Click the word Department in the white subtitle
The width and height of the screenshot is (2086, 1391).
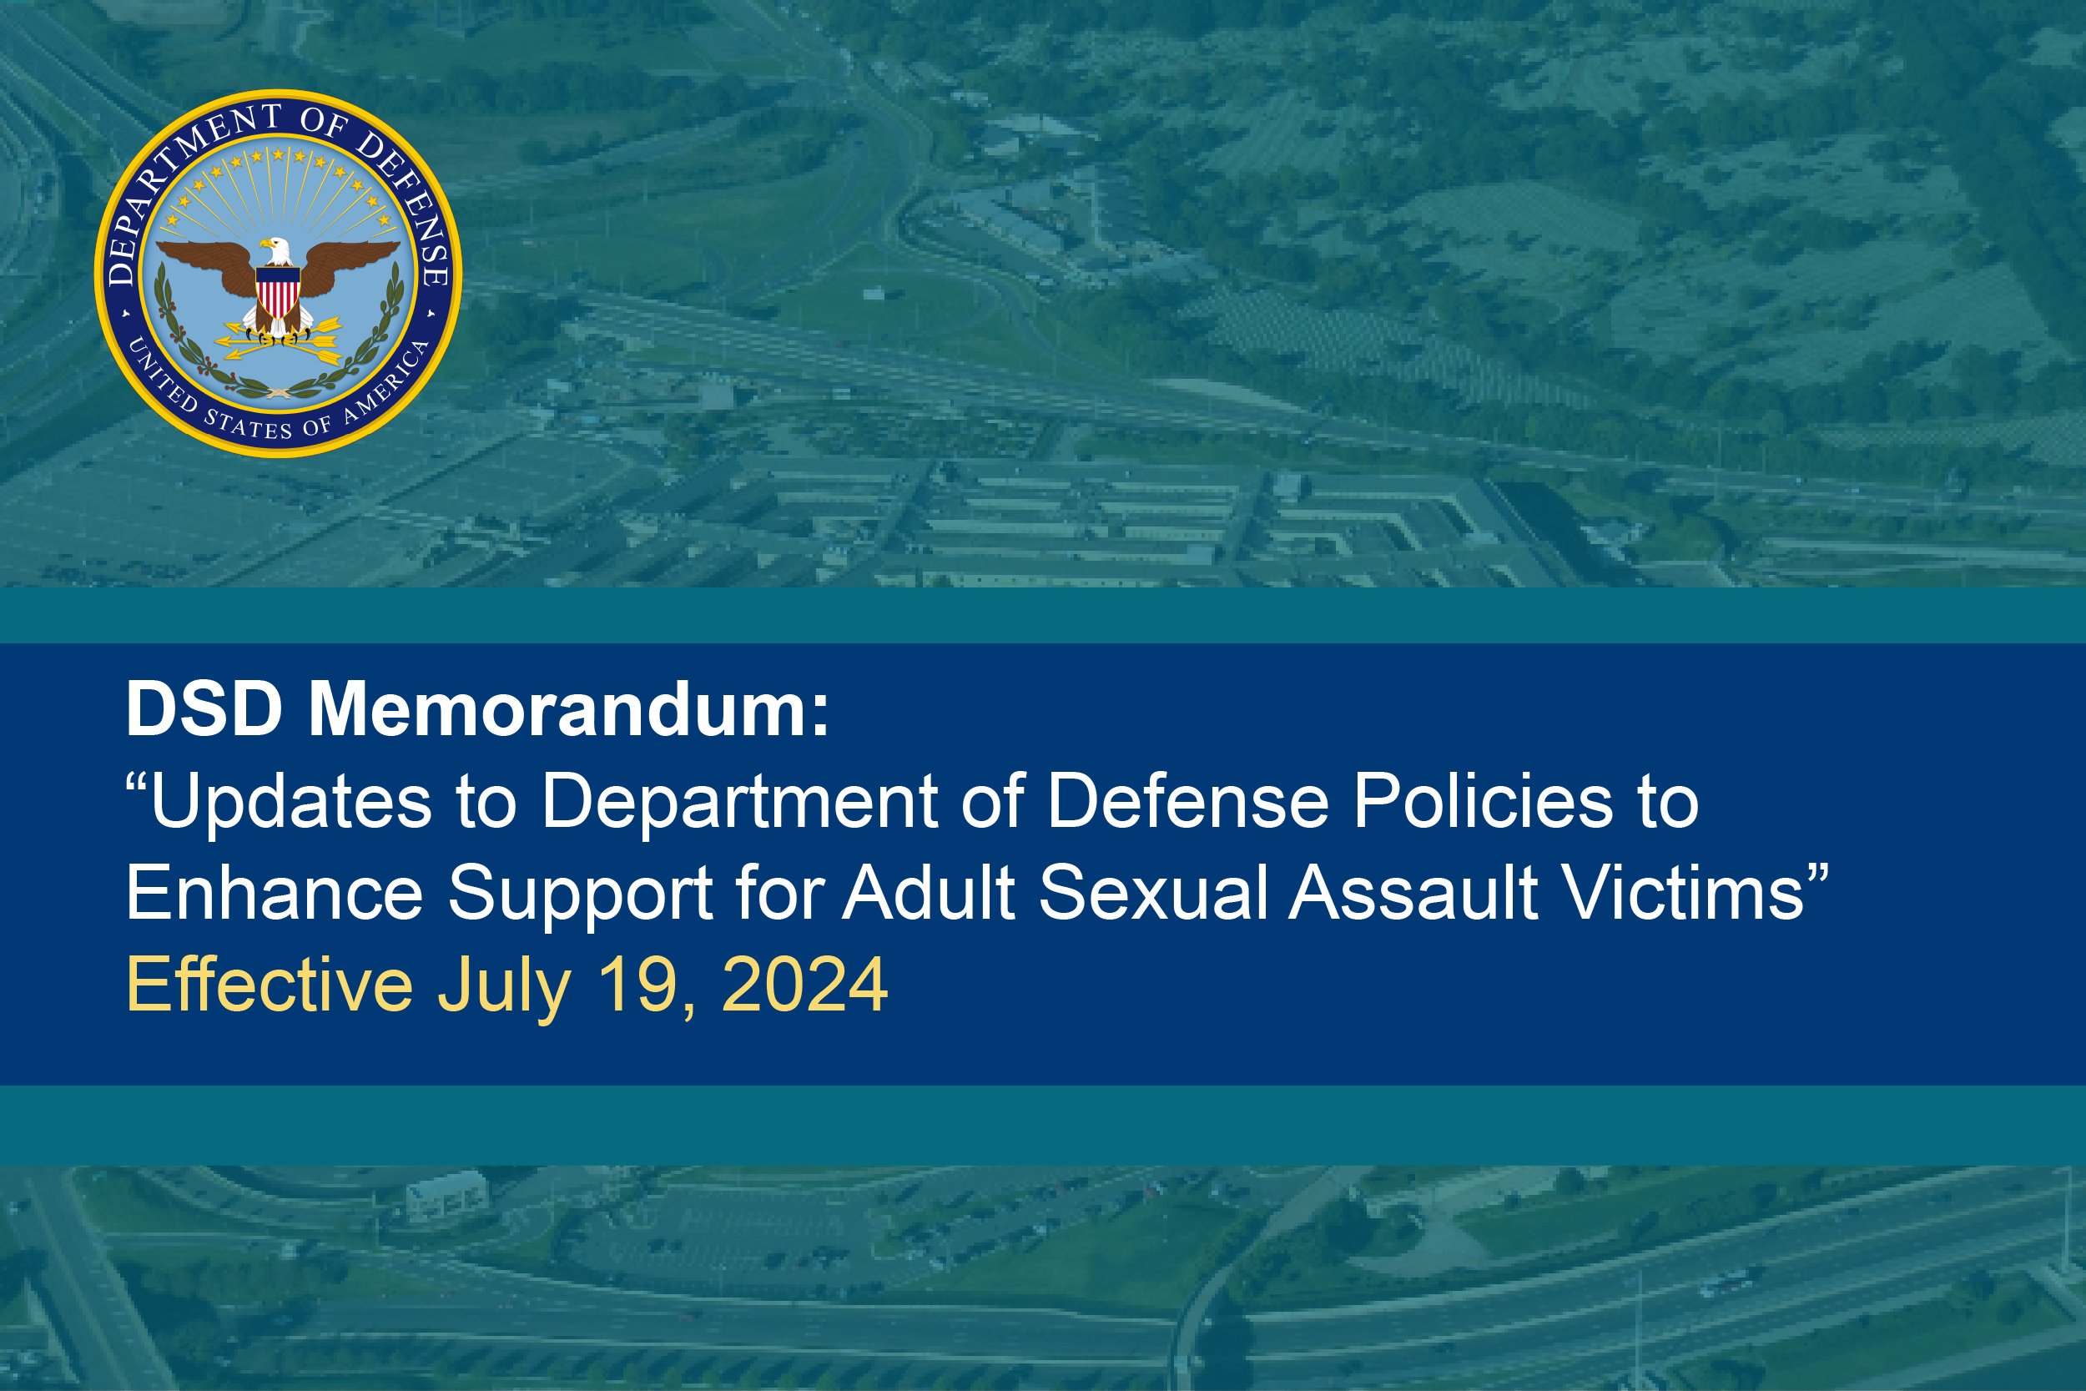click(739, 800)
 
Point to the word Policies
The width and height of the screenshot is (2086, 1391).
click(1483, 800)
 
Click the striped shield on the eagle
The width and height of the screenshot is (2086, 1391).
click(278, 291)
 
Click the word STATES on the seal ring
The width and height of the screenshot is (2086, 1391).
click(248, 424)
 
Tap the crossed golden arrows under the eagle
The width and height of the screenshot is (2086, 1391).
click(279, 340)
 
